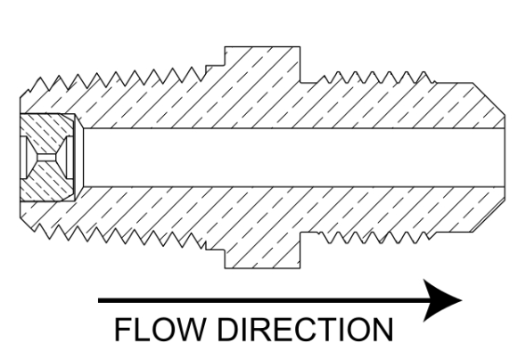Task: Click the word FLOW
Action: click(x=159, y=330)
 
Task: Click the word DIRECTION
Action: click(x=305, y=330)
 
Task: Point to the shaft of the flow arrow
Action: click(x=261, y=300)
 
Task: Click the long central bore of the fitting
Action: click(x=294, y=157)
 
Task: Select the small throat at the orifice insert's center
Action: click(x=47, y=157)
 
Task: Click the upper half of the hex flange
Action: click(x=262, y=64)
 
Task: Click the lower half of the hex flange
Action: click(x=262, y=250)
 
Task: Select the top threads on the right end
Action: click(x=375, y=78)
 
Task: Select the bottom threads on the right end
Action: click(x=375, y=237)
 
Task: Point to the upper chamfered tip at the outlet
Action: click(x=489, y=100)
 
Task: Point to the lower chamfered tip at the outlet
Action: click(x=489, y=215)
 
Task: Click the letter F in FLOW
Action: click(x=122, y=330)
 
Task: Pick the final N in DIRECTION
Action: click(x=383, y=330)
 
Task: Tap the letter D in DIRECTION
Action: click(x=228, y=330)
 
